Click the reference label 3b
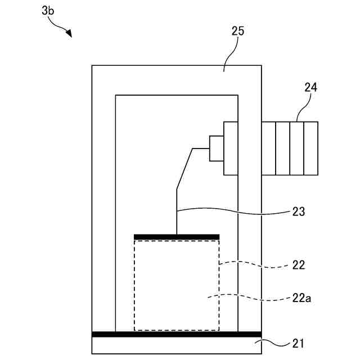point(48,11)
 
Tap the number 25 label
point(238,31)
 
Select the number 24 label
point(310,87)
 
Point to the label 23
point(299,211)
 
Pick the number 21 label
point(299,341)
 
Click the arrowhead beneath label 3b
point(69,34)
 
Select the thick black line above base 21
point(176,334)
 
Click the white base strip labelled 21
point(176,345)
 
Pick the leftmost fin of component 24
point(268,148)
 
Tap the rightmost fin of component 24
point(311,148)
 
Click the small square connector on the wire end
point(217,148)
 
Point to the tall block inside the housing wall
point(231,148)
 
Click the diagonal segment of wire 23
point(184,169)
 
